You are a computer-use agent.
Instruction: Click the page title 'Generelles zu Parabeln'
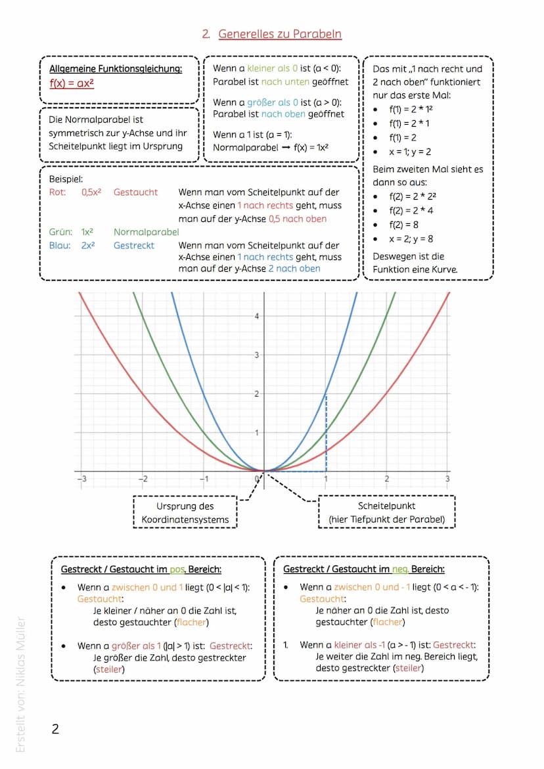[x=280, y=34]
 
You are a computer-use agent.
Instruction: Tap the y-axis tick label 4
[x=257, y=316]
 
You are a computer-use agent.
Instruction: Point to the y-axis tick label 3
[x=257, y=355]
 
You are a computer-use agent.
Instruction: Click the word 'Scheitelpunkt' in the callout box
[x=386, y=506]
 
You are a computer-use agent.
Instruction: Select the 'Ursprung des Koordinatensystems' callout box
[x=185, y=513]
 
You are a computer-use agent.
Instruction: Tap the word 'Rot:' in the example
[x=58, y=192]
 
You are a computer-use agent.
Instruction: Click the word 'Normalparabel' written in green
[x=146, y=232]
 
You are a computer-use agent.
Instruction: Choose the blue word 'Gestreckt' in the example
[x=134, y=245]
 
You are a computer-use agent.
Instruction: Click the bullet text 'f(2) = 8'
[x=403, y=225]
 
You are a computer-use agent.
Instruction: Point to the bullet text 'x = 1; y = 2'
[x=410, y=152]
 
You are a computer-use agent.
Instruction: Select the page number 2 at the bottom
[x=55, y=729]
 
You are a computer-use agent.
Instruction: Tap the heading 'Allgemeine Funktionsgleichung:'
[x=116, y=69]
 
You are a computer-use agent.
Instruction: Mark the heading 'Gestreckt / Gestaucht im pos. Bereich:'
[x=141, y=569]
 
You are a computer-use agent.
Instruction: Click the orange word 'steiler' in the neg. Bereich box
[x=408, y=669]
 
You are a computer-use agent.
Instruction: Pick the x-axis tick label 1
[x=325, y=479]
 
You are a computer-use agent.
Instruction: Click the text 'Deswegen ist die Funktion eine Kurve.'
[x=415, y=263]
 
